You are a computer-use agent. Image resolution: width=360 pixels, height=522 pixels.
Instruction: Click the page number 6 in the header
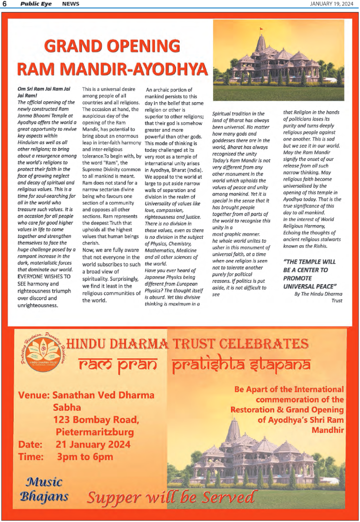coord(4,4)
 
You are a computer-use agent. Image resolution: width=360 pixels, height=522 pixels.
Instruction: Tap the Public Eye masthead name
coord(33,4)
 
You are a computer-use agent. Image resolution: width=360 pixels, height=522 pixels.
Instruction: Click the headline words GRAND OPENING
coord(112,47)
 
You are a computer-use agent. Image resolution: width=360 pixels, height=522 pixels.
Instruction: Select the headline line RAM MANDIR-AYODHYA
coord(112,69)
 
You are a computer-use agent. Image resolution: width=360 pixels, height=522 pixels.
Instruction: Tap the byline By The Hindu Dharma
coord(318,294)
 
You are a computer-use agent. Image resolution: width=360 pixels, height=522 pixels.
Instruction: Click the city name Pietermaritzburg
coord(94,431)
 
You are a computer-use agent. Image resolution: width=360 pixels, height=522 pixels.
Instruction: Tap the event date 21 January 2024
coord(93,444)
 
